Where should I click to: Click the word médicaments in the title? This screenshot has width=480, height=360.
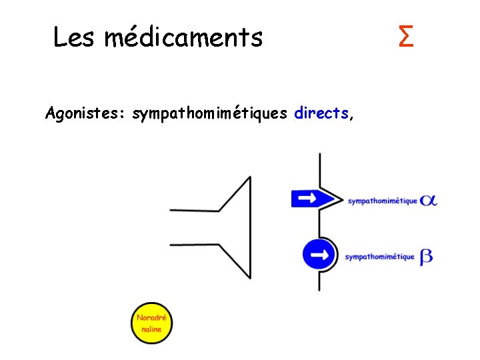[183, 37]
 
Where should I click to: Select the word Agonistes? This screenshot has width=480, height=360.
[85, 113]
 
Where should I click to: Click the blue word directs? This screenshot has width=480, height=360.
[321, 113]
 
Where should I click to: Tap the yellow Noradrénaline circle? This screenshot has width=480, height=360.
[151, 324]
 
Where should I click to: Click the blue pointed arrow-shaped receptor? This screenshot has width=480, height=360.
[312, 198]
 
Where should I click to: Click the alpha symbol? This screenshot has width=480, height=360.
[429, 199]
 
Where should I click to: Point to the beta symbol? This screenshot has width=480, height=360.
[426, 257]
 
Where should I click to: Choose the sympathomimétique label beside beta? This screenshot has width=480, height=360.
[379, 257]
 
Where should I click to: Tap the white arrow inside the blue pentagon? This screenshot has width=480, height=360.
[307, 198]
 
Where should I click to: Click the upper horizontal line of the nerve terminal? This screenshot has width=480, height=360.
[195, 210]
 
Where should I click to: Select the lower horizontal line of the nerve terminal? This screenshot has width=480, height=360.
[195, 245]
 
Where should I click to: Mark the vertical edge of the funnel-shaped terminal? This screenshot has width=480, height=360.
[250, 227]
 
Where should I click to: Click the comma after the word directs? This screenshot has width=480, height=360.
[351, 117]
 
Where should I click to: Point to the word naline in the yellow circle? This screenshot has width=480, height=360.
[151, 329]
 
